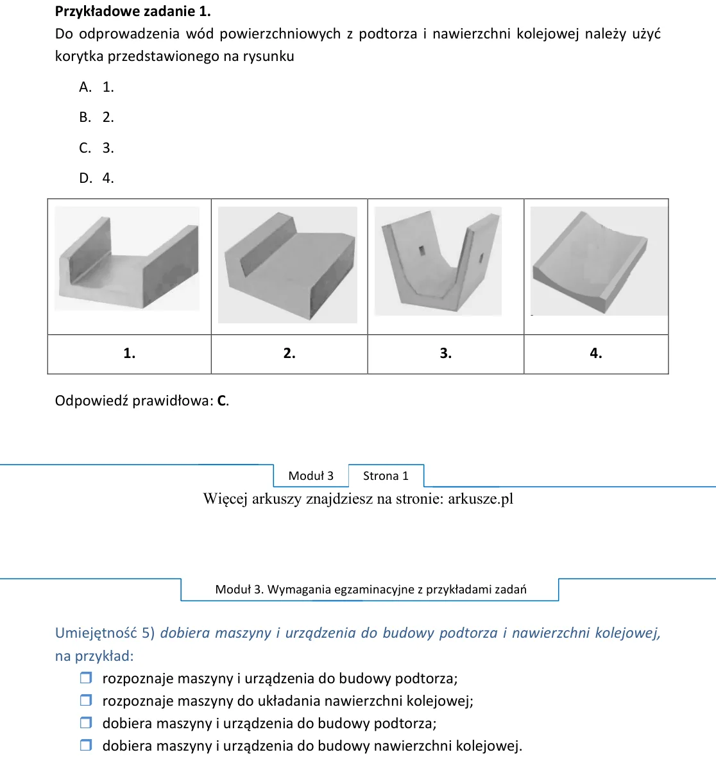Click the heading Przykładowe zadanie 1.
[133, 11]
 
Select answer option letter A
[85, 87]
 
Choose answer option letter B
[85, 117]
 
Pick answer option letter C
[85, 148]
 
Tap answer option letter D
[86, 178]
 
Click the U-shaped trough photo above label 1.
[127, 259]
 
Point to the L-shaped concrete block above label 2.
[287, 265]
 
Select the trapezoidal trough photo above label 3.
[438, 261]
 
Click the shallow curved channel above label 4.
[599, 261]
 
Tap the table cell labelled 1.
[129, 354]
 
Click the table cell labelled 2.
[289, 354]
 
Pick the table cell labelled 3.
[446, 354]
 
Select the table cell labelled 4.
[596, 354]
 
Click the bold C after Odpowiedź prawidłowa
[222, 401]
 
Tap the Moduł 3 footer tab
[311, 476]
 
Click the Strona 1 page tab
[386, 476]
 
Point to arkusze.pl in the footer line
[481, 499]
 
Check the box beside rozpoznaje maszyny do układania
[86, 700]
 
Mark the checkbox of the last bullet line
[86, 745]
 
